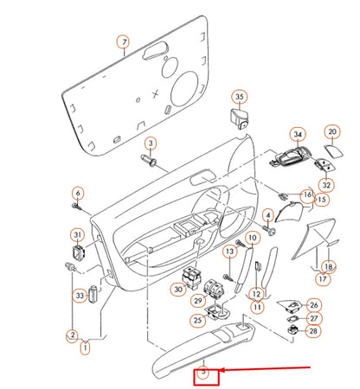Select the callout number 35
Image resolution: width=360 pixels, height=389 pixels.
(x=240, y=97)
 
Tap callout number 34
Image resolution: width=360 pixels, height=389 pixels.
(x=298, y=135)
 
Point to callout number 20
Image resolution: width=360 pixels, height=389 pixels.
(x=332, y=132)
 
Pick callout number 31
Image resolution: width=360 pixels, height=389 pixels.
(x=77, y=235)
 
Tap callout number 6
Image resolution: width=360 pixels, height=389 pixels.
(x=77, y=193)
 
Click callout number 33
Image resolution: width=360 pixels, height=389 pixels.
(x=80, y=296)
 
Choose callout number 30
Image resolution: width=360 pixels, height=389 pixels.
(x=178, y=290)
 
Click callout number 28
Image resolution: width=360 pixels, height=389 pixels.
(x=313, y=331)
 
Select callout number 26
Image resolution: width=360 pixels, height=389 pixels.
(x=313, y=305)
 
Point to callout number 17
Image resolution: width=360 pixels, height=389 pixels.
(x=323, y=278)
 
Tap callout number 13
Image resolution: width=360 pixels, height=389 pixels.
(x=229, y=252)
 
